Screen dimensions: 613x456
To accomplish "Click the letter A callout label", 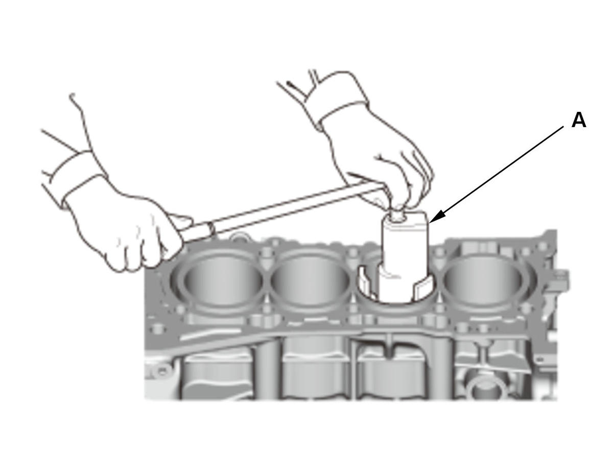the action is click(579, 120).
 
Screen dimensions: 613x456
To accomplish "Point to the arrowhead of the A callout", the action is click(435, 218).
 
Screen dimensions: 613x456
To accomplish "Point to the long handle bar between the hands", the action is click(290, 210).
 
